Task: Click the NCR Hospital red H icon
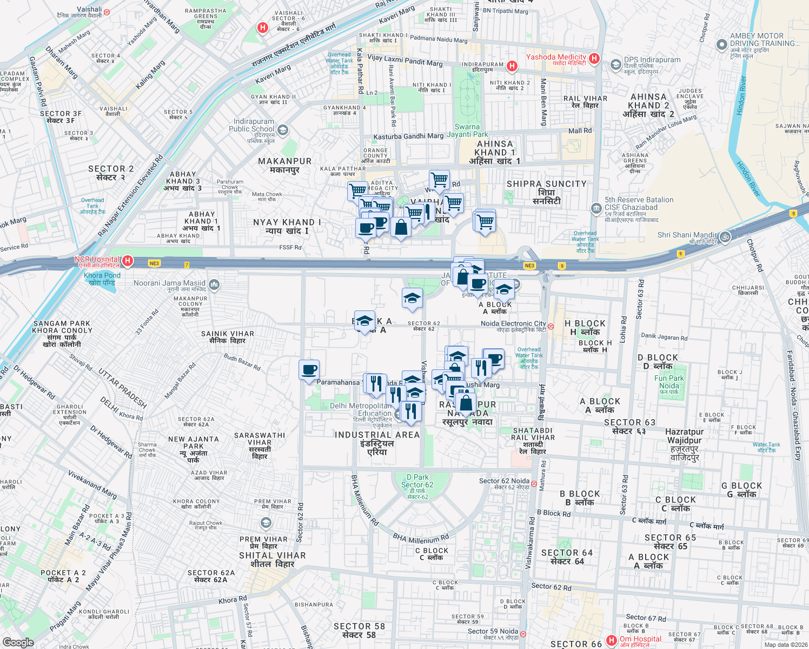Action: (128, 261)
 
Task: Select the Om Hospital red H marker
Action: (611, 640)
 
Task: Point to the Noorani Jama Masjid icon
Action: (214, 284)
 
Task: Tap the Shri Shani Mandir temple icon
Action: (725, 236)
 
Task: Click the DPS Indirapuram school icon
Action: (615, 65)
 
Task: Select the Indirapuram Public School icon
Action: (282, 130)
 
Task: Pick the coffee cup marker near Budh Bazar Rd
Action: (309, 370)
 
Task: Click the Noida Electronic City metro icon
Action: (551, 326)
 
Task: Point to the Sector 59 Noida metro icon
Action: (523, 632)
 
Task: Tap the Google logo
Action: (18, 643)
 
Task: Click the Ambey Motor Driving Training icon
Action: (721, 44)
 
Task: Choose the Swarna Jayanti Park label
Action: (467, 130)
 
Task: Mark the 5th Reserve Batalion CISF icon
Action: (596, 208)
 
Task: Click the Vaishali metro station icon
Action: (107, 11)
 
